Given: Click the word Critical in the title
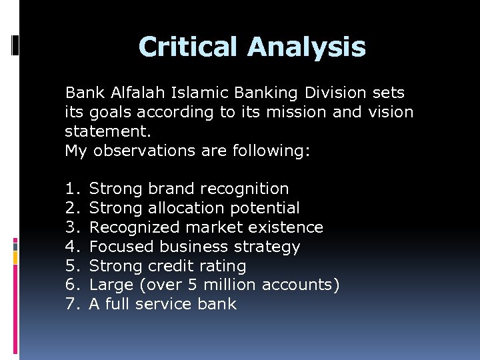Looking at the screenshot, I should click(x=188, y=47).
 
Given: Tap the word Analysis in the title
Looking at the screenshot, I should click(x=307, y=47).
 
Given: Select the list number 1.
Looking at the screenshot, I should click(x=71, y=189).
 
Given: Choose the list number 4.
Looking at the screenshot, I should click(x=71, y=247).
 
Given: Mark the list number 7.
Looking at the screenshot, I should click(x=71, y=305).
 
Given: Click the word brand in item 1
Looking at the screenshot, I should click(x=172, y=189).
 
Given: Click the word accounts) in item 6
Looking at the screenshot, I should click(x=301, y=285).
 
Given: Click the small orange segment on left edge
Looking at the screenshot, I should click(x=15, y=257).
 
